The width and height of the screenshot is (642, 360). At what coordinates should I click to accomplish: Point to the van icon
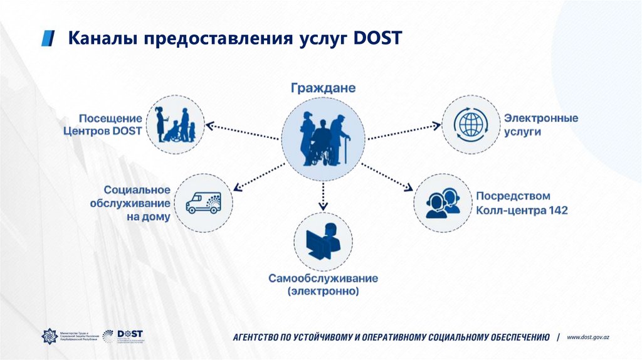(x=204, y=202)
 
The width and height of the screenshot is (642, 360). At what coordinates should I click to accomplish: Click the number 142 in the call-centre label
(x=557, y=211)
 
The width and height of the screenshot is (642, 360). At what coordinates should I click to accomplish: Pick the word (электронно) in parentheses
(x=323, y=292)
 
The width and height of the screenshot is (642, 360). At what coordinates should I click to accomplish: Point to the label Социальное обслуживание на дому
(x=137, y=203)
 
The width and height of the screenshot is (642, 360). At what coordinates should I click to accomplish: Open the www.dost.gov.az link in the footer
(x=588, y=337)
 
